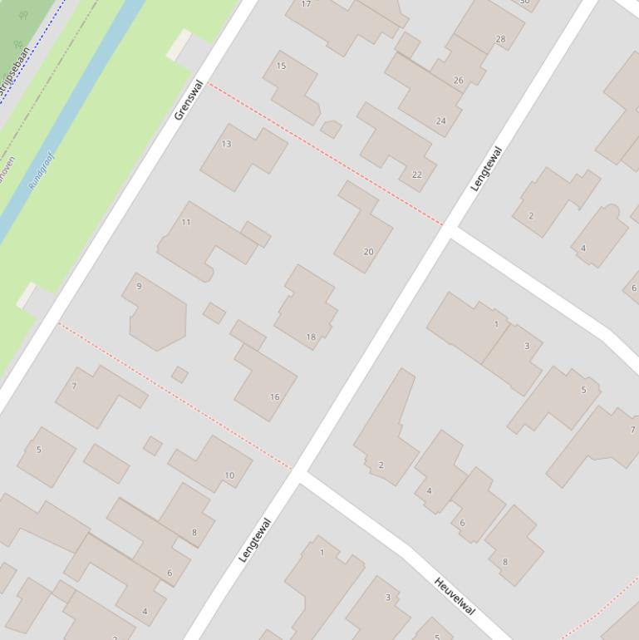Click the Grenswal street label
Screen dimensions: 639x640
(x=189, y=100)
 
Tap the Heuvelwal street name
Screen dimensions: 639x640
(x=455, y=596)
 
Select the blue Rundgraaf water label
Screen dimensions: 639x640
(x=41, y=170)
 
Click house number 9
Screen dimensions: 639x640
(x=139, y=287)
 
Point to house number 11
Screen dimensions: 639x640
(x=186, y=222)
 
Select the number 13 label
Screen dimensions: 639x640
(x=226, y=144)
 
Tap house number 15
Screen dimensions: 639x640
(x=281, y=66)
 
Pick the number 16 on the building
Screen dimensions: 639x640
(x=274, y=397)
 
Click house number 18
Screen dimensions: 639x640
(x=311, y=337)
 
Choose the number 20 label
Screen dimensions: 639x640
(x=368, y=252)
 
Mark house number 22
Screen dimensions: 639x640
(x=416, y=175)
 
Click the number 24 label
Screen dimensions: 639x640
(x=440, y=121)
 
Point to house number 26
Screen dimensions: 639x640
(x=458, y=81)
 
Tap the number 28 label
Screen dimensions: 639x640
(x=500, y=39)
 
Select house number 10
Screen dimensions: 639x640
(x=229, y=476)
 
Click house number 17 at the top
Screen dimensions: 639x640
(x=306, y=4)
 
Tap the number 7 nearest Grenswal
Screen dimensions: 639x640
(x=75, y=386)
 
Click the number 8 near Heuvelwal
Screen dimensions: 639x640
(x=504, y=562)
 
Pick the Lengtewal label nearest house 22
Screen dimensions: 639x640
(x=486, y=170)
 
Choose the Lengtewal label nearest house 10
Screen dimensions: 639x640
(x=255, y=540)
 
